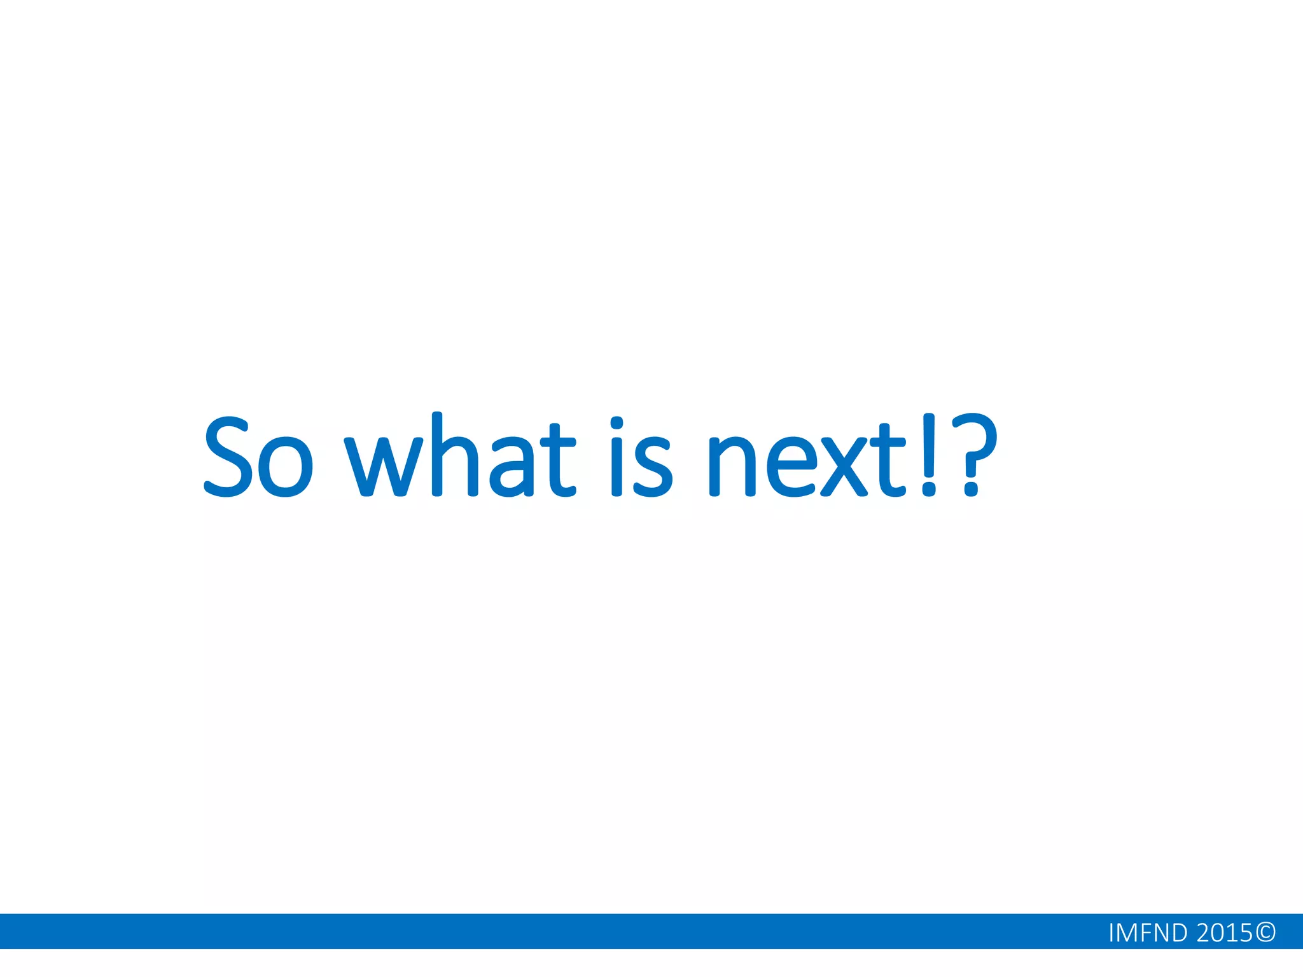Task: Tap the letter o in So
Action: click(286, 467)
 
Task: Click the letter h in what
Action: click(454, 455)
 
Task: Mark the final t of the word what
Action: click(557, 461)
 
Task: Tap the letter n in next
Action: click(732, 467)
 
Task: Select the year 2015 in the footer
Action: click(1225, 932)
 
